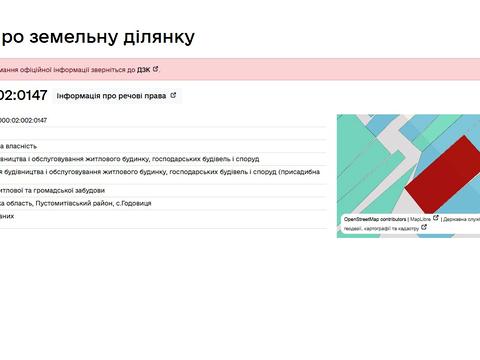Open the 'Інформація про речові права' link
coord(111,96)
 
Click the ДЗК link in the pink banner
coord(143,70)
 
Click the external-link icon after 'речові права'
coord(173,96)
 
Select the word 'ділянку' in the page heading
coord(157,37)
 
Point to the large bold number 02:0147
coord(22,96)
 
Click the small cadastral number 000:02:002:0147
coord(24,120)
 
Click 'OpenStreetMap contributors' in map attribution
coord(374,218)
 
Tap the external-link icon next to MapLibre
coord(435,218)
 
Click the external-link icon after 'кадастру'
coord(424,228)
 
